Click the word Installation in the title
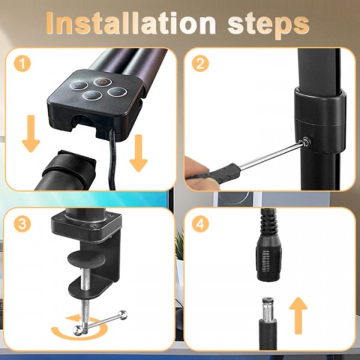(131, 23)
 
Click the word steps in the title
(269, 25)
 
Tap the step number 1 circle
(22, 64)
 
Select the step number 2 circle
(200, 64)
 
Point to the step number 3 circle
(22, 224)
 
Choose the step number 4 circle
(200, 224)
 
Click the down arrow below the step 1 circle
(31, 134)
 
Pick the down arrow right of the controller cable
(139, 153)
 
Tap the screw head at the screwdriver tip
(306, 142)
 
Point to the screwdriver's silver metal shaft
(271, 155)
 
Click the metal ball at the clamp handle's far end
(124, 315)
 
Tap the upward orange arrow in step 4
(298, 316)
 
